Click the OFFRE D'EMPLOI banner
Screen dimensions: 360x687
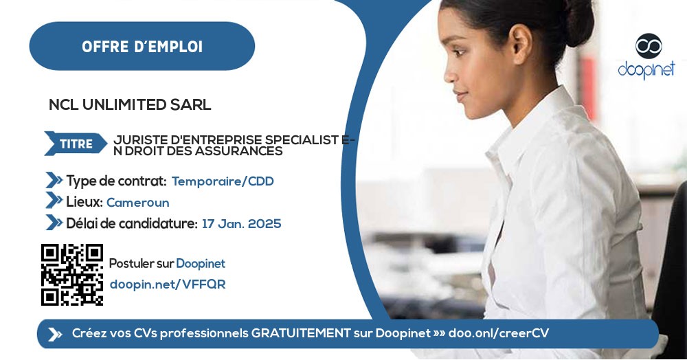pyautogui.click(x=142, y=47)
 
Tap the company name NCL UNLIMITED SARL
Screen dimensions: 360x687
pyautogui.click(x=130, y=105)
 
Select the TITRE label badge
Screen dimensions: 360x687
pyautogui.click(x=76, y=144)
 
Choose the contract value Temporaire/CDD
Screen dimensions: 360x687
pyautogui.click(x=223, y=181)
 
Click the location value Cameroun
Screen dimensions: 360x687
pyautogui.click(x=137, y=203)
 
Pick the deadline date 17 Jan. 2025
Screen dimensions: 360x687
pyautogui.click(x=241, y=224)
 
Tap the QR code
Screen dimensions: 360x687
pyautogui.click(x=72, y=274)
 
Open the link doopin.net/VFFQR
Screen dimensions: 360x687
pyautogui.click(x=167, y=284)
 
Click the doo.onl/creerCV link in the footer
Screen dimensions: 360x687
pyautogui.click(x=498, y=334)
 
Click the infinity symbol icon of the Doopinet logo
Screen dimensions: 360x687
pyautogui.click(x=648, y=46)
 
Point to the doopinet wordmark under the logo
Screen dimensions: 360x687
pyautogui.click(x=646, y=70)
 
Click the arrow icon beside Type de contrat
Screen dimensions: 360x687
pyautogui.click(x=54, y=181)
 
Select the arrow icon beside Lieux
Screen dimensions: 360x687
pyautogui.click(x=54, y=201)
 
